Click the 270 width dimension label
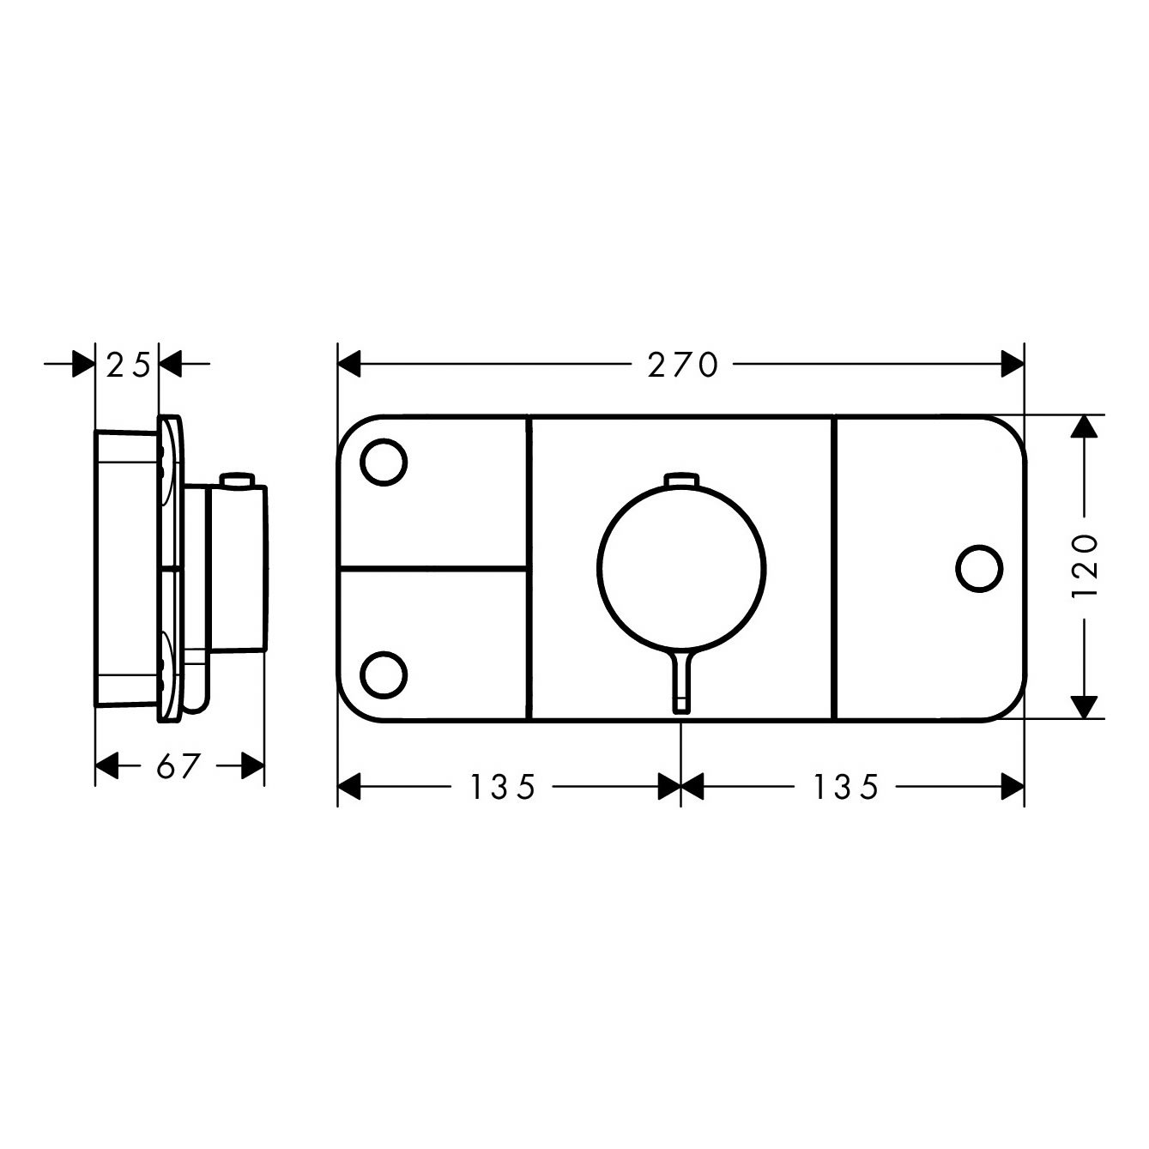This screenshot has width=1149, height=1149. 683,365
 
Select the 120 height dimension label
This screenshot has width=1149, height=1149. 1085,567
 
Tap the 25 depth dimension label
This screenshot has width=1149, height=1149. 128,365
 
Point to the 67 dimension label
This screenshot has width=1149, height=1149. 177,766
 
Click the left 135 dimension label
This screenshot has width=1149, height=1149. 503,787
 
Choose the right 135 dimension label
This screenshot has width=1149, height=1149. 846,787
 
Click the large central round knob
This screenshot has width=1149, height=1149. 681,568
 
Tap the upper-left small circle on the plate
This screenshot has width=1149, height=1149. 384,463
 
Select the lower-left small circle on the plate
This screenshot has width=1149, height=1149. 384,675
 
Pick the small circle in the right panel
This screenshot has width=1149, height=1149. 980,568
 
